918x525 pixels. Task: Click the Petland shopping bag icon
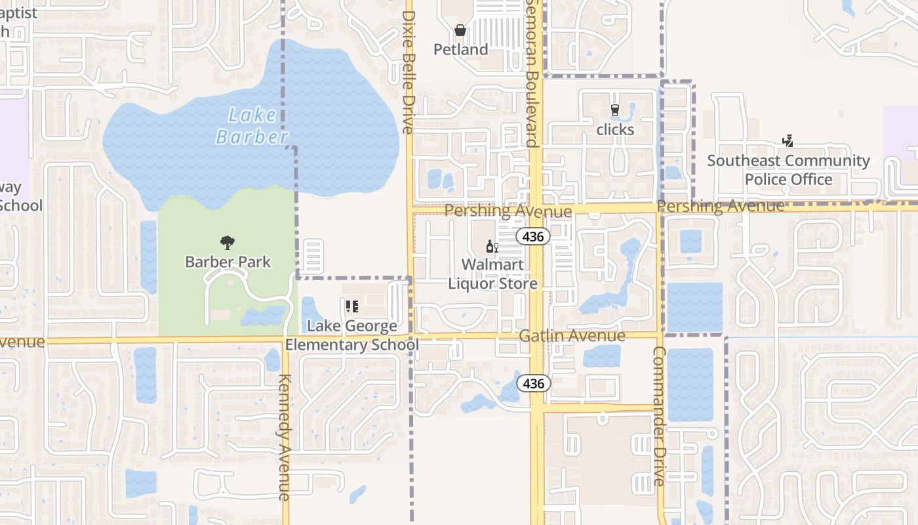tap(460, 30)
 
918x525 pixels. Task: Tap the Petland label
tap(461, 50)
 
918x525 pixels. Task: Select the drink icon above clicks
tap(614, 110)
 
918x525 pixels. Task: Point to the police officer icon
tap(788, 140)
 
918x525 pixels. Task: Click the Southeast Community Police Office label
tap(788, 170)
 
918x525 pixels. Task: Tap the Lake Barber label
tap(252, 126)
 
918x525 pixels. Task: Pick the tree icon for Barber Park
tap(228, 243)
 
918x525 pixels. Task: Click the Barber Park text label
tap(228, 262)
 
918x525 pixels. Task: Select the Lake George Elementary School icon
tap(352, 306)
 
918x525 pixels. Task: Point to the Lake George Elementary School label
tap(352, 335)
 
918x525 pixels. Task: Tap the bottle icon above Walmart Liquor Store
tap(492, 247)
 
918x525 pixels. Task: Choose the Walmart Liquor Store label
tap(492, 274)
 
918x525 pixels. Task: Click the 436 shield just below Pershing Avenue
tap(532, 236)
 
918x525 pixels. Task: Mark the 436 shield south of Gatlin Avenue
tap(534, 383)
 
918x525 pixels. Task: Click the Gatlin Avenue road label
tap(572, 336)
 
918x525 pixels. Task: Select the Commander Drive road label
tap(659, 416)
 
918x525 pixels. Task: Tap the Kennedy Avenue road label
tap(285, 436)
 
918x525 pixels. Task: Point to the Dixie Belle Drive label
tap(409, 72)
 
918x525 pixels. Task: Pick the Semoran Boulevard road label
tap(531, 72)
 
